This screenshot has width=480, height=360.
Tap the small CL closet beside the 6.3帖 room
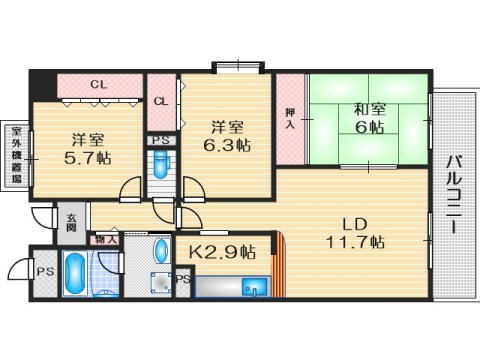click(161, 101)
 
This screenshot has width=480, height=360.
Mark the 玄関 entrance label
click(70, 223)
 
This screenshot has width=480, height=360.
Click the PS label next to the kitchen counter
click(183, 281)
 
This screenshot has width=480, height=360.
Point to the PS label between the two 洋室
click(160, 141)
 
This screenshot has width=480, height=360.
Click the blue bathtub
click(75, 275)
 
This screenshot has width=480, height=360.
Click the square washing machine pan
click(160, 283)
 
